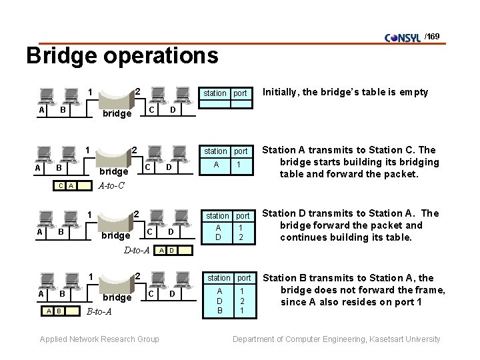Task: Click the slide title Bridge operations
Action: pos(122,55)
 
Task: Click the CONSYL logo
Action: pos(403,37)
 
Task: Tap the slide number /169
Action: pos(432,35)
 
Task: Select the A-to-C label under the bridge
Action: pos(112,185)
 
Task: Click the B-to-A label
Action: pos(99,311)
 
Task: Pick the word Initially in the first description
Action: pos(283,92)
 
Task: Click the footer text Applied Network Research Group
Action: pos(99,339)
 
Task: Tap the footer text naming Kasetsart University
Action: pos(336,339)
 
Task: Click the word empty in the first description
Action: pos(414,92)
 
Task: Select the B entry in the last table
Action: pos(219,310)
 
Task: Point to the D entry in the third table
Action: pos(219,237)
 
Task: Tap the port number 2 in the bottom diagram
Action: pos(137,276)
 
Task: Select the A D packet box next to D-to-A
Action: pos(166,251)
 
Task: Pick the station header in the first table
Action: pos(215,93)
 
